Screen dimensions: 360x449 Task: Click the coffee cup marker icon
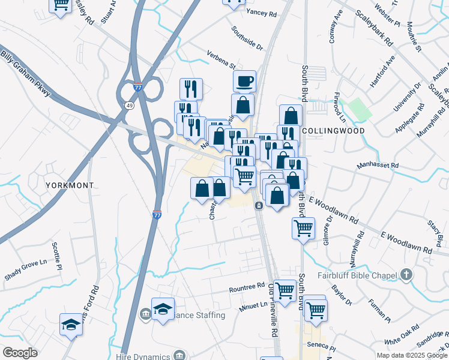pyautogui.click(x=244, y=80)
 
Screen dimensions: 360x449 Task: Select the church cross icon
pyautogui.click(x=406, y=275)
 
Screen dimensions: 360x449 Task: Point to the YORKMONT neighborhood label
pyautogui.click(x=70, y=186)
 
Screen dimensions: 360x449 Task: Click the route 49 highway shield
pyautogui.click(x=129, y=106)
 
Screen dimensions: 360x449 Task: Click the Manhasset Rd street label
pyautogui.click(x=378, y=164)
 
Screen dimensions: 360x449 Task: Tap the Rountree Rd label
pyautogui.click(x=247, y=288)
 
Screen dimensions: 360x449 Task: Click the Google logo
pyautogui.click(x=20, y=353)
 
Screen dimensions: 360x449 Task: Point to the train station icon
pyautogui.click(x=259, y=206)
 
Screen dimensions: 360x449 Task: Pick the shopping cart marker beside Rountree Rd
pyautogui.click(x=284, y=290)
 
